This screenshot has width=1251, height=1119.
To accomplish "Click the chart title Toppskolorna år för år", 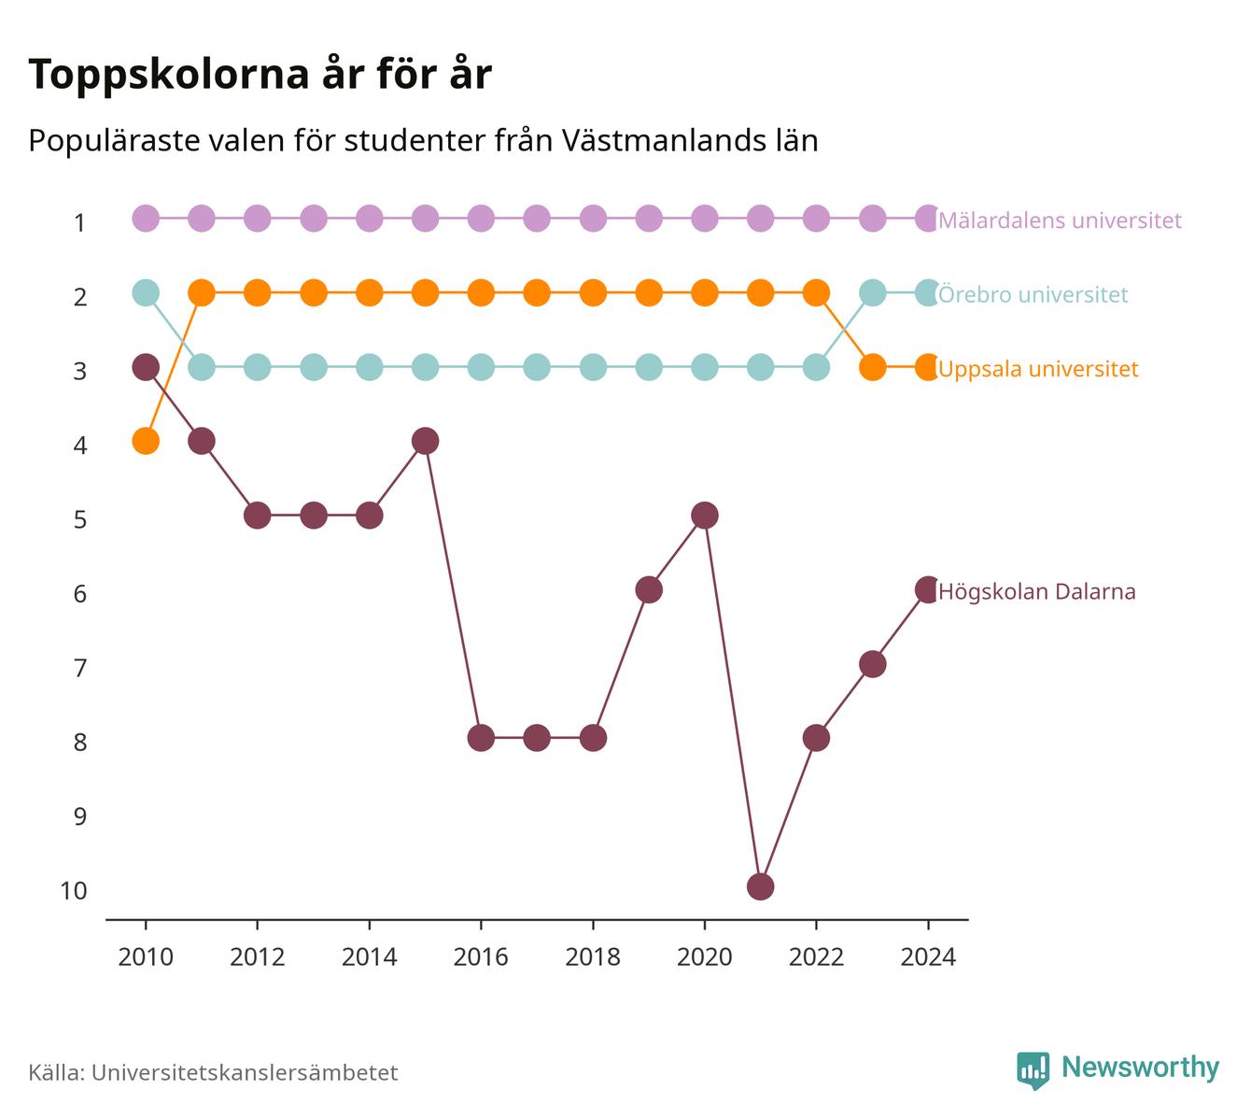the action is [260, 74].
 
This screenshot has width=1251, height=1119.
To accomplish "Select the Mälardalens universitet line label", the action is [1060, 220].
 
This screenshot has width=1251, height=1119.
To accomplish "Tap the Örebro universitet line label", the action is [1033, 294].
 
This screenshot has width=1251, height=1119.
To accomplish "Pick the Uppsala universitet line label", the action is [1038, 369].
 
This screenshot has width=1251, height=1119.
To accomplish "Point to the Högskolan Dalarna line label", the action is [1036, 591].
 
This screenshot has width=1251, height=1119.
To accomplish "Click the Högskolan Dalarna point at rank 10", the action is [760, 886].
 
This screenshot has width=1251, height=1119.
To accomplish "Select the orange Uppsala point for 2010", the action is [146, 441].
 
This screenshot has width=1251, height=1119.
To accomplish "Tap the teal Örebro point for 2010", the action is [146, 292].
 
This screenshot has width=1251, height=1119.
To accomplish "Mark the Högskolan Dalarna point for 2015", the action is [425, 441].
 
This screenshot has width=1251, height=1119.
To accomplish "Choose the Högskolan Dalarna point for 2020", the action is [705, 516].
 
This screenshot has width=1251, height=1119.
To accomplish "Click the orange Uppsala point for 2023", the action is [873, 367].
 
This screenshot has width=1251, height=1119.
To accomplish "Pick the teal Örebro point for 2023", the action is [873, 292].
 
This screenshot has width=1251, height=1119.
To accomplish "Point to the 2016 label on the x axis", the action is [481, 957].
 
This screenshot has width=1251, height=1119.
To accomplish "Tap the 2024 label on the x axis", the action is [928, 957].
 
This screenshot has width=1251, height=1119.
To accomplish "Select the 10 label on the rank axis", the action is [74, 891].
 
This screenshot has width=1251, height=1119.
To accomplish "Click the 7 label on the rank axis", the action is [80, 668].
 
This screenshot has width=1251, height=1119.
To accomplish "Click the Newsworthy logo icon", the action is [1033, 1069].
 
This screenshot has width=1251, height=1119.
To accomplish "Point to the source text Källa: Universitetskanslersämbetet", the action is [213, 1072].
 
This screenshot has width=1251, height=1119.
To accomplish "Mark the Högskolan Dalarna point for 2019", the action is [649, 590].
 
